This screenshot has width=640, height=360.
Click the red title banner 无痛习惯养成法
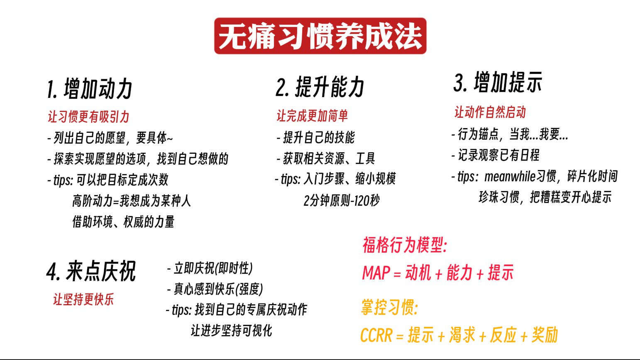click(320, 36)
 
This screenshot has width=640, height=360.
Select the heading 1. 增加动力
click(90, 89)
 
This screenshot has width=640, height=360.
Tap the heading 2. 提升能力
click(320, 87)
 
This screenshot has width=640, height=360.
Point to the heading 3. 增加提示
click(498, 82)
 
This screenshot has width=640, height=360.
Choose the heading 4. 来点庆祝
click(91, 271)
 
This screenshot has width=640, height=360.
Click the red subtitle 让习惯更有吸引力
click(88, 117)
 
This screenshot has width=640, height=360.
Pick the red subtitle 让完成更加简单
click(312, 116)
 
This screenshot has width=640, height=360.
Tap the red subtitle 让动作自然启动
click(490, 112)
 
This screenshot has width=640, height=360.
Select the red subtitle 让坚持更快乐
click(83, 299)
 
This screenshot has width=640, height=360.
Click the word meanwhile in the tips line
click(510, 176)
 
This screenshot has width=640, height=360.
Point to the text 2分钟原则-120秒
click(342, 201)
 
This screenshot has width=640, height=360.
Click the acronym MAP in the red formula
click(376, 272)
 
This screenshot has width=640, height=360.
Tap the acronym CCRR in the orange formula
click(376, 335)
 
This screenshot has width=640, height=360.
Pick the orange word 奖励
click(544, 335)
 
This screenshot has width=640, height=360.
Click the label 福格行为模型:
click(405, 245)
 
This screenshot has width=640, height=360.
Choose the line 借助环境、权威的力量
click(123, 222)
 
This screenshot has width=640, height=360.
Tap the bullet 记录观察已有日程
click(496, 155)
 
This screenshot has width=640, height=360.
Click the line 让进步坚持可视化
click(232, 331)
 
